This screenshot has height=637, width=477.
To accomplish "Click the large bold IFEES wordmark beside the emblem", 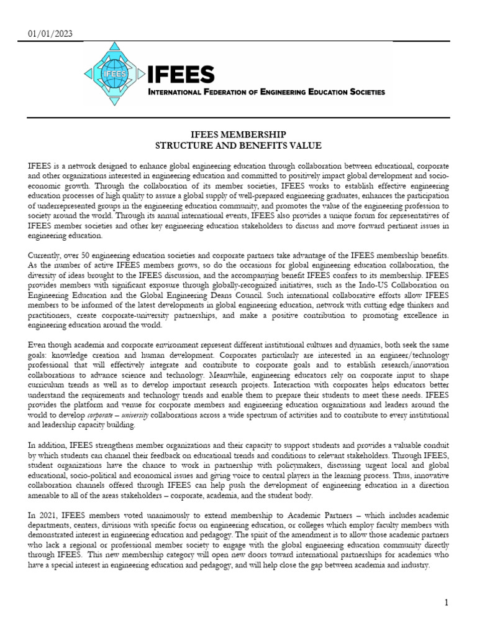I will pyautogui.click(x=181, y=75).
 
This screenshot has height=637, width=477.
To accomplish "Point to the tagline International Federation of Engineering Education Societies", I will pyautogui.click(x=266, y=92).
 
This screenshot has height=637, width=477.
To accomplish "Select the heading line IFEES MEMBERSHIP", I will pyautogui.click(x=238, y=135).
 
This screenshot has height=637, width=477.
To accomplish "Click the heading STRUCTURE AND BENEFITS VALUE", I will pyautogui.click(x=238, y=146).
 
